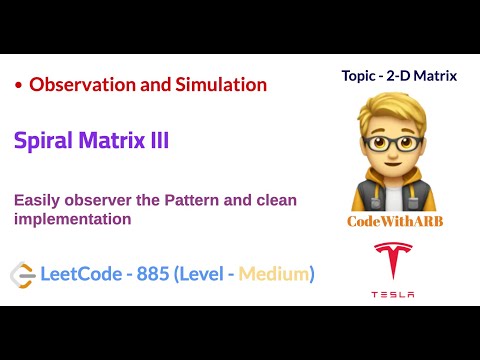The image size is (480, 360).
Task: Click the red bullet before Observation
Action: click(19, 86)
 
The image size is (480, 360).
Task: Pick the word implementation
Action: click(73, 218)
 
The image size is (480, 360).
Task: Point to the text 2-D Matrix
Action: click(431, 75)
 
